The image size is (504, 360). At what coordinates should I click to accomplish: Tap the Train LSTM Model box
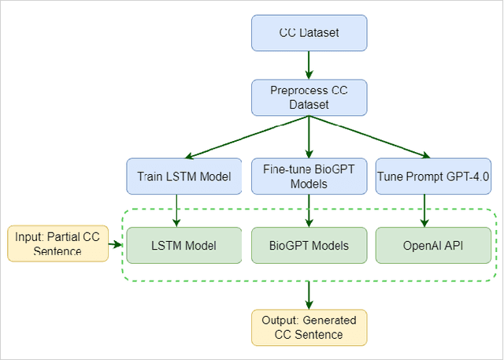[178, 177]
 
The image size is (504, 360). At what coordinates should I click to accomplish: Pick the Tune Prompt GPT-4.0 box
[433, 177]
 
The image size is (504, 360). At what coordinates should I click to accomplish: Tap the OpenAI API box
[433, 245]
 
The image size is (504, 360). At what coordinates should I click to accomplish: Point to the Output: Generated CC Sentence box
[309, 327]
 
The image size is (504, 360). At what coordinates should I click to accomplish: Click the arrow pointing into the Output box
[308, 294]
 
